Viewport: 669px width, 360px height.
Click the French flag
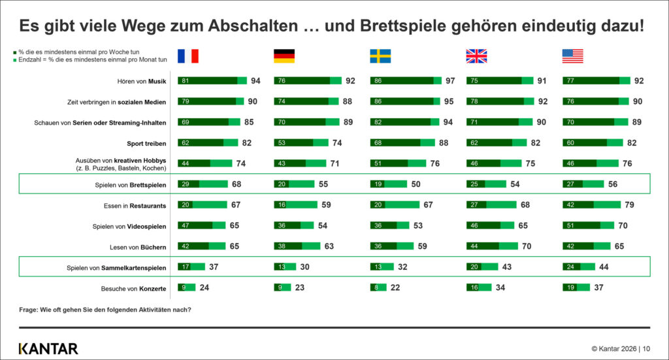pyautogui.click(x=188, y=56)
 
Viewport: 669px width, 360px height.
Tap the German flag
pyautogui.click(x=284, y=56)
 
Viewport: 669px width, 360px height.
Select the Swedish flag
pyautogui.click(x=380, y=56)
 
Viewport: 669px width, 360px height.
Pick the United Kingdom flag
pyautogui.click(x=476, y=56)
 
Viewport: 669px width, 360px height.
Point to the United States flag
pyautogui.click(x=572, y=56)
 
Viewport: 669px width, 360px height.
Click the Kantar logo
pyautogui.click(x=48, y=348)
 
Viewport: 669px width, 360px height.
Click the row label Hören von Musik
pyautogui.click(x=142, y=81)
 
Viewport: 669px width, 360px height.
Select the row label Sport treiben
pyautogui.click(x=146, y=143)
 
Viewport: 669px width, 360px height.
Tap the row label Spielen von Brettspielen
pyautogui.click(x=131, y=185)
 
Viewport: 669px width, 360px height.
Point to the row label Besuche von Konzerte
pyautogui.click(x=133, y=289)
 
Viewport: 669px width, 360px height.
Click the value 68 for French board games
pyautogui.click(x=237, y=184)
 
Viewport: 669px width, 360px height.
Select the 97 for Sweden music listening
pyautogui.click(x=450, y=80)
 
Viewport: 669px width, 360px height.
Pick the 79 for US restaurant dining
pyautogui.click(x=629, y=205)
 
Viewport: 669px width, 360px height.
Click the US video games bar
pyautogui.click(x=589, y=225)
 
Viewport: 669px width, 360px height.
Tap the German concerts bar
pyautogui.click(x=282, y=287)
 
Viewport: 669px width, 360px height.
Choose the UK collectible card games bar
pyautogui.click(x=482, y=267)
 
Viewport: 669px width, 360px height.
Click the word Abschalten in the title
pyautogui.click(x=253, y=25)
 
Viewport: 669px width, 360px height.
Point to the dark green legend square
pyautogui.click(x=15, y=52)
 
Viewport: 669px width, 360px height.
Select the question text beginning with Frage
pyautogui.click(x=105, y=310)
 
